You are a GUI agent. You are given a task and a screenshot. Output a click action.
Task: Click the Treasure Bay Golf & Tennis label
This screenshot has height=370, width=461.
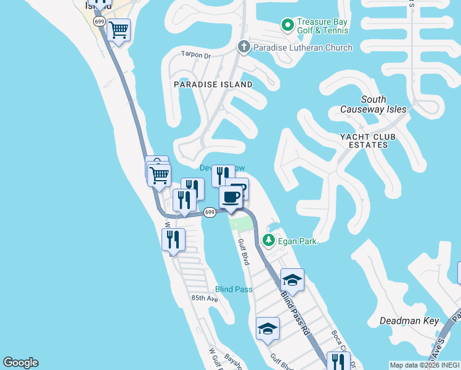tap(322, 25)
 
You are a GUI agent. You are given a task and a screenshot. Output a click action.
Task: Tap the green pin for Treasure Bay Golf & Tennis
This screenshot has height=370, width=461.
tap(287, 25)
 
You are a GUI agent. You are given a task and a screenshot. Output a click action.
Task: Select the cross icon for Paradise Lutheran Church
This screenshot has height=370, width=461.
tap(243, 47)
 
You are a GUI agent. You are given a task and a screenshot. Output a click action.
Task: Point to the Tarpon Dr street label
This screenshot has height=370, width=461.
tap(196, 55)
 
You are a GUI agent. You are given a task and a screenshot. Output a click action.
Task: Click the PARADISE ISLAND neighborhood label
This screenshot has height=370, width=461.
tap(213, 84)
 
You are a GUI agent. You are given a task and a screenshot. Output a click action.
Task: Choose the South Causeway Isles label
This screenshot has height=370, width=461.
tap(373, 104)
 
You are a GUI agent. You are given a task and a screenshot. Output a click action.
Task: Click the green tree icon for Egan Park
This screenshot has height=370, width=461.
tap(269, 240)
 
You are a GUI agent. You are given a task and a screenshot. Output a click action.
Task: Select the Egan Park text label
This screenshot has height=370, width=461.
tap(297, 241)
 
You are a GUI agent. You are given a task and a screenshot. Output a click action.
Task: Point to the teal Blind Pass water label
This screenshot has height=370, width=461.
tap(234, 289)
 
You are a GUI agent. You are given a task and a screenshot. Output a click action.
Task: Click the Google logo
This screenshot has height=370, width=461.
tap(21, 363)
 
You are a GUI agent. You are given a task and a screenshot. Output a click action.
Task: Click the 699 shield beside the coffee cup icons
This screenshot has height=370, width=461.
tap(210, 212)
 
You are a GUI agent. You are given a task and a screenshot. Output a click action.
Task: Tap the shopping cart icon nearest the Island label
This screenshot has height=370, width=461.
tap(118, 29)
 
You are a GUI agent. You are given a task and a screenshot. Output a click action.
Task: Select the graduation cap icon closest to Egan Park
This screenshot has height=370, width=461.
tap(292, 279)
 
